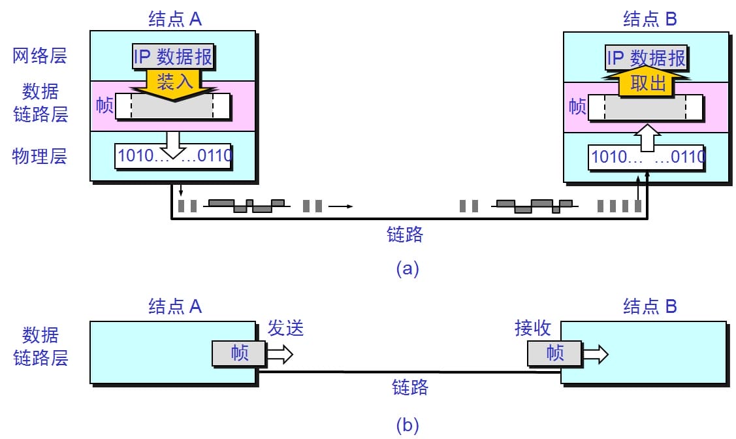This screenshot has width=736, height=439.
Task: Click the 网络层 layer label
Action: click(x=40, y=56)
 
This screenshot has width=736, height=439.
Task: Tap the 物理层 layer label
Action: click(x=40, y=157)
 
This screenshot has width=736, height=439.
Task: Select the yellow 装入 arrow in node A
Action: click(x=173, y=83)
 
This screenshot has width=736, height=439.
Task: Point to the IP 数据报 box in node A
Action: click(x=173, y=57)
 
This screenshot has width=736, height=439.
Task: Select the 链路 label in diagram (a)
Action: click(x=405, y=235)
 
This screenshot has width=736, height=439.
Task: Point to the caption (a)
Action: click(x=407, y=268)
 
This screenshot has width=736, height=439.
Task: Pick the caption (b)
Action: click(x=407, y=426)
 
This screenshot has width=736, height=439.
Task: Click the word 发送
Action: click(x=286, y=328)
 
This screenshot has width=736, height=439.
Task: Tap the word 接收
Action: click(x=533, y=328)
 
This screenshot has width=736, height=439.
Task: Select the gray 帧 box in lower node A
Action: click(x=239, y=353)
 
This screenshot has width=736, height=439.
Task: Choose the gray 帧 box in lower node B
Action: click(x=554, y=353)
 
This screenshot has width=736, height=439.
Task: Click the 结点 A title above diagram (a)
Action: click(x=175, y=19)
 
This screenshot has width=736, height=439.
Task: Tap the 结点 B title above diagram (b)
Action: click(x=650, y=306)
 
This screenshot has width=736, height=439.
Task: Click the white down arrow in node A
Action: click(x=173, y=143)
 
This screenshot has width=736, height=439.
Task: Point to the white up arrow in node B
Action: click(x=647, y=139)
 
